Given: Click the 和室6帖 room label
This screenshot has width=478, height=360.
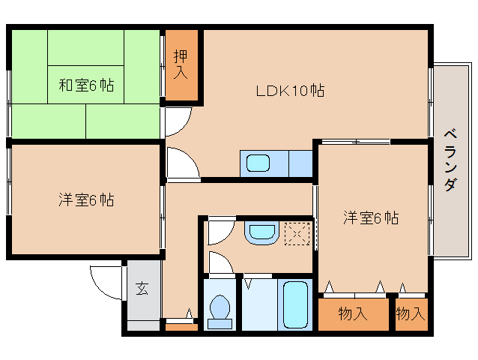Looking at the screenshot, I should [86, 85].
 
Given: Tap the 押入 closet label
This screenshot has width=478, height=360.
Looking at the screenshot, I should [181, 65].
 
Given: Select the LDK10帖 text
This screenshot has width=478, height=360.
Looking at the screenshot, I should [290, 91].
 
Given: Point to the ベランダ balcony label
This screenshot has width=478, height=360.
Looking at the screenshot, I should [450, 160].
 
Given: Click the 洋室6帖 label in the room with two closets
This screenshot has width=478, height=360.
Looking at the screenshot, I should [371, 218].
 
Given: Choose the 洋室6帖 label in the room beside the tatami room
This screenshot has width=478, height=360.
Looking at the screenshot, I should [86, 200].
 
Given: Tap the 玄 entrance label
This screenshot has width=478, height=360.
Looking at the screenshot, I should [142, 288].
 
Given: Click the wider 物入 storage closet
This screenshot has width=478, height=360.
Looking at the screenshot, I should [352, 313].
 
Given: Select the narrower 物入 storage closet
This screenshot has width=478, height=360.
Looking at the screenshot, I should [410, 313].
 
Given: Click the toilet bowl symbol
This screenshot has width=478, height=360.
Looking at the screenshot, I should [220, 307].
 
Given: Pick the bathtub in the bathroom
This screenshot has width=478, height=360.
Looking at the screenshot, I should [295, 304].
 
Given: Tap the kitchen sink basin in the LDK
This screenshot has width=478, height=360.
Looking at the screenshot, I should [259, 163].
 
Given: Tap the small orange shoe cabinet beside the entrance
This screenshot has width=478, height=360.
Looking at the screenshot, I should [180, 325].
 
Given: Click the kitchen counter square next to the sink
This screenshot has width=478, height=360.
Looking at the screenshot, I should [300, 163].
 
